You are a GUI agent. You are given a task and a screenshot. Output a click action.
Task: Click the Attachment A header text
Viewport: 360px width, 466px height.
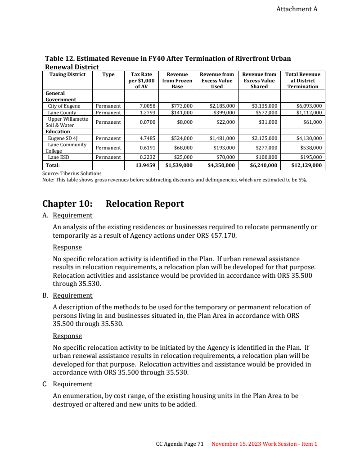click(297, 9)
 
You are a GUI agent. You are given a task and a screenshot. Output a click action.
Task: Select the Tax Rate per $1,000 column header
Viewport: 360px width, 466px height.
click(141, 80)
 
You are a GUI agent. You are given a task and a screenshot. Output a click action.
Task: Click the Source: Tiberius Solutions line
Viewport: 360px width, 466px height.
click(72, 173)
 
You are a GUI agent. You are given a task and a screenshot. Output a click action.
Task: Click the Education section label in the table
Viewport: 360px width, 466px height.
click(58, 131)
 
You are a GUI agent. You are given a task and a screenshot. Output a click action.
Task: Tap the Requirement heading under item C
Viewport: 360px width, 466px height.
click(72, 384)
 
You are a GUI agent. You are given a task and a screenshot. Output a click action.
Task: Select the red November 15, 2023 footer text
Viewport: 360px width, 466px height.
click(264, 444)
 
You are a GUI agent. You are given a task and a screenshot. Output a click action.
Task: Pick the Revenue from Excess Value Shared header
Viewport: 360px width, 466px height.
click(259, 80)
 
